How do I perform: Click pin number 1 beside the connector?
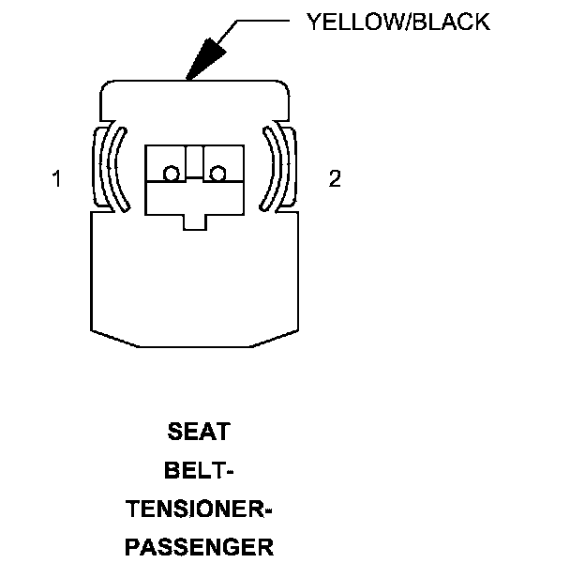[x=57, y=178]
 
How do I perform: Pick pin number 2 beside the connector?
[x=335, y=178]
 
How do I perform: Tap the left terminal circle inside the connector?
[x=171, y=174]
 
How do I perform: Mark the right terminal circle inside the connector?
[x=218, y=174]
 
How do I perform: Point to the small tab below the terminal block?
[x=194, y=221]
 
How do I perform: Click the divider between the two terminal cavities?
[x=194, y=161]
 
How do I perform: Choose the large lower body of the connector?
[x=194, y=281]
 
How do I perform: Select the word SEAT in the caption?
[x=199, y=433]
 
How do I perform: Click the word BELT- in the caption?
[x=199, y=471]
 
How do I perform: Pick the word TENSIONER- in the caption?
[x=199, y=510]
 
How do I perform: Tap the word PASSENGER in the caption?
[x=199, y=547]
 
